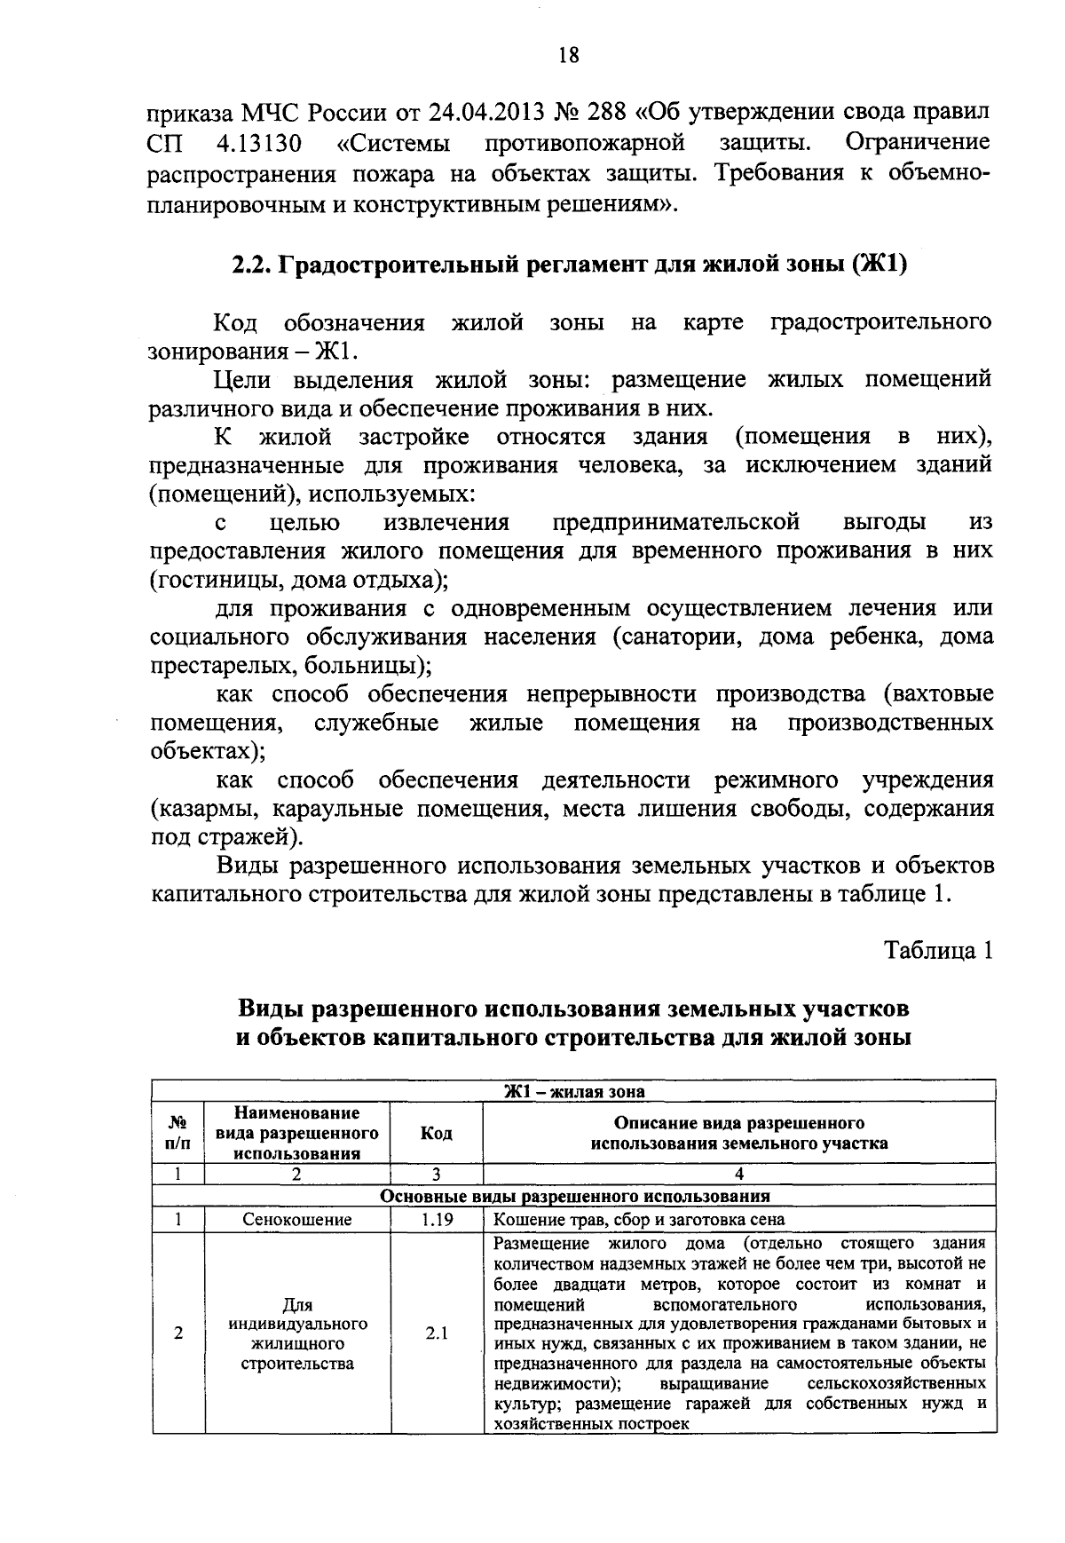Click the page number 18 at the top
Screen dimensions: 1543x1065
pos(569,56)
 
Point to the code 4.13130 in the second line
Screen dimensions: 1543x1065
pos(259,142)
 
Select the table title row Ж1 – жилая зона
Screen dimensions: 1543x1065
pos(574,1091)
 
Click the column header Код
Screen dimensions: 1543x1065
pos(436,1133)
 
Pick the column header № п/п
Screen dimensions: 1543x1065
pos(177,1133)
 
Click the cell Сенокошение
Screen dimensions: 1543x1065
pos(297,1220)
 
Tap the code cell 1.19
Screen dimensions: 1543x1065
pos(436,1220)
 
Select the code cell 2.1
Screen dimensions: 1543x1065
pos(436,1333)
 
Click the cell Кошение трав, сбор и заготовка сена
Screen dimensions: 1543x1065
pos(639,1220)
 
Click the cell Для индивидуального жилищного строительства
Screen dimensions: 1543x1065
pos(297,1333)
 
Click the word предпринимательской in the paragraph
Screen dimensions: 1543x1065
pos(676,522)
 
